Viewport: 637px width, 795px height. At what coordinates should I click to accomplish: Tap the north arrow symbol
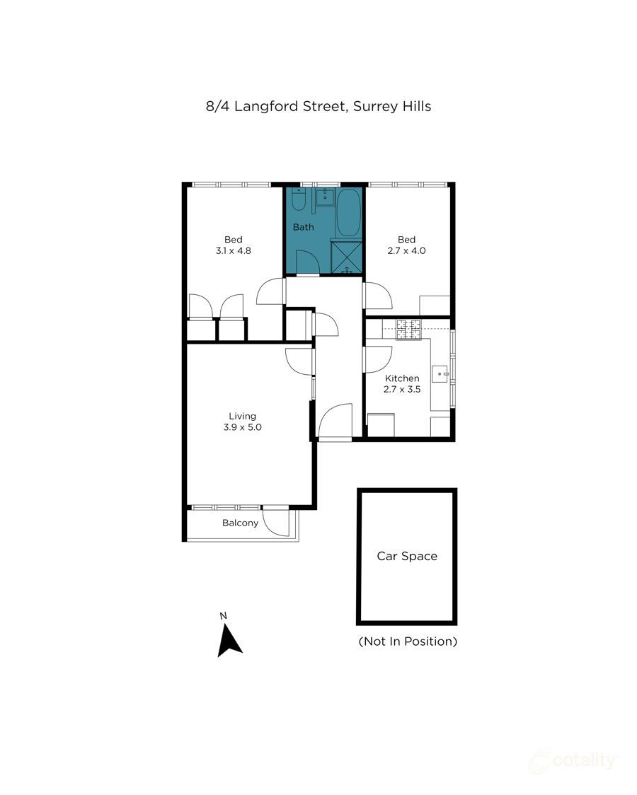[x=229, y=639]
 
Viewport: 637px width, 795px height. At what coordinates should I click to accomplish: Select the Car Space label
[x=406, y=556]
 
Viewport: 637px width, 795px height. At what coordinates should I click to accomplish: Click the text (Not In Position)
[x=408, y=642]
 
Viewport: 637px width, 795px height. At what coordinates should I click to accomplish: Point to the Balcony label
[x=241, y=523]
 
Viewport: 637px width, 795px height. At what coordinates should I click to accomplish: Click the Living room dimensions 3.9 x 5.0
[x=243, y=427]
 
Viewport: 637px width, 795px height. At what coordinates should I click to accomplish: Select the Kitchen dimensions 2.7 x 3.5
[x=402, y=388]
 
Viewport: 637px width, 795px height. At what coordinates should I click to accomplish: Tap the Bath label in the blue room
[x=304, y=227]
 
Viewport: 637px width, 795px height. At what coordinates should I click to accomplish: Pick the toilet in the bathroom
[x=299, y=204]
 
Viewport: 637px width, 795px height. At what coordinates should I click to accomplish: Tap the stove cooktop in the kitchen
[x=408, y=328]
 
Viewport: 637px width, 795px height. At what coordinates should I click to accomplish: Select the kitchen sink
[x=442, y=373]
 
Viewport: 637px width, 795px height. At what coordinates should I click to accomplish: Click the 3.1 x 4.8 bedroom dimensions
[x=234, y=250]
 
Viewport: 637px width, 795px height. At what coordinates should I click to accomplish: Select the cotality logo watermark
[x=573, y=760]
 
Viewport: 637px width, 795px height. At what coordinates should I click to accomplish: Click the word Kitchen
[x=402, y=378]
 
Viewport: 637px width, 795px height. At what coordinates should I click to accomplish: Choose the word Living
[x=242, y=416]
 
